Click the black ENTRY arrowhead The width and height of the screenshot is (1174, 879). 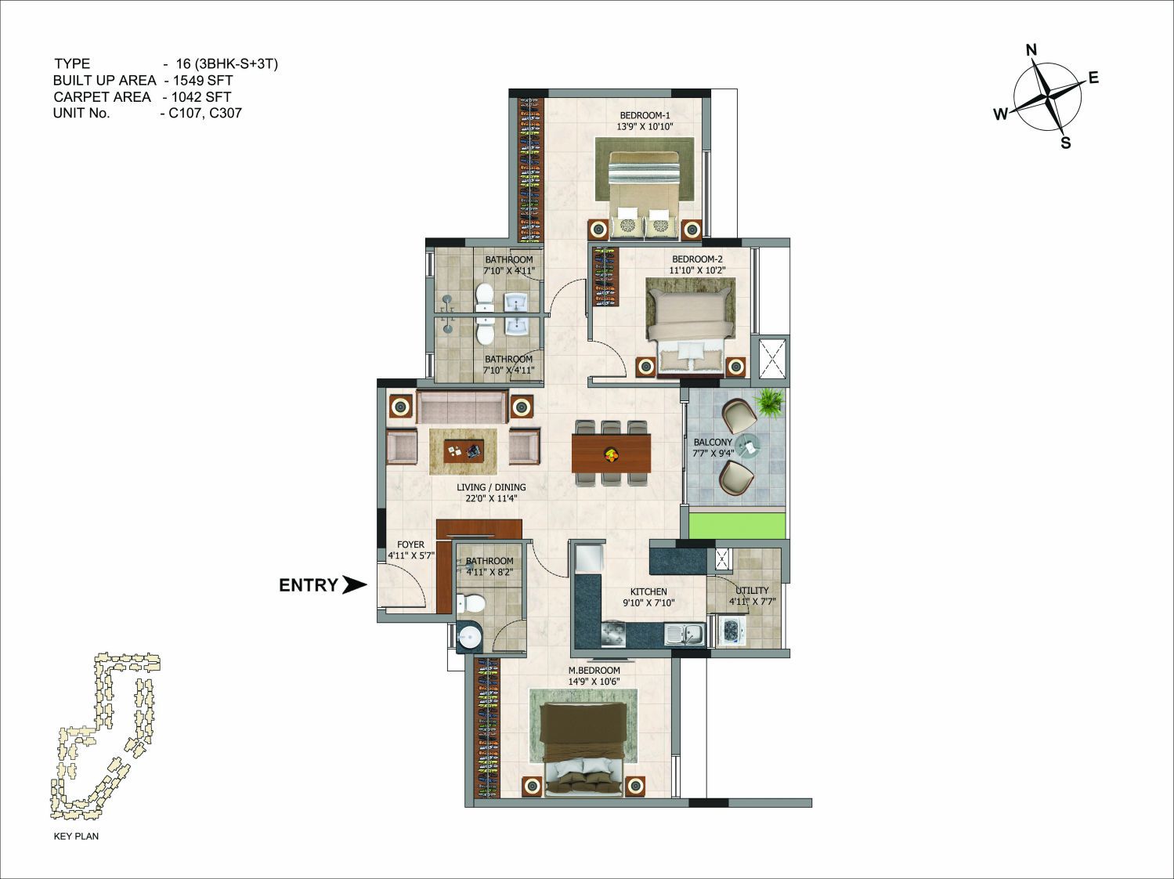[x=354, y=584]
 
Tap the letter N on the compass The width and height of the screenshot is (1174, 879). [x=1031, y=50]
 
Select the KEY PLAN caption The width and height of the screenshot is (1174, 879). [x=76, y=836]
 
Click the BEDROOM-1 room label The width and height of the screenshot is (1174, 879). [x=645, y=115]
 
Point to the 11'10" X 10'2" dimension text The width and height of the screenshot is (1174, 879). [x=698, y=271]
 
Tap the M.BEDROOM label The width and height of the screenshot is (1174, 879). [x=594, y=671]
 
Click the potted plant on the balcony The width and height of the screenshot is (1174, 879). [x=769, y=403]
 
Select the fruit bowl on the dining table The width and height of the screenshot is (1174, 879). [x=610, y=454]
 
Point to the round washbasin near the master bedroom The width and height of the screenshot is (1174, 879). [x=470, y=638]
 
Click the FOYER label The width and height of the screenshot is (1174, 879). [x=410, y=544]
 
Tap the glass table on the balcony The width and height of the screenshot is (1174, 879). [x=748, y=445]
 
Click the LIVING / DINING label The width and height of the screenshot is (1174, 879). [x=491, y=487]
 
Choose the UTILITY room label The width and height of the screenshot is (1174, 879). [x=752, y=591]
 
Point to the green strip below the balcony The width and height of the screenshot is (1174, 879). [x=737, y=526]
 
